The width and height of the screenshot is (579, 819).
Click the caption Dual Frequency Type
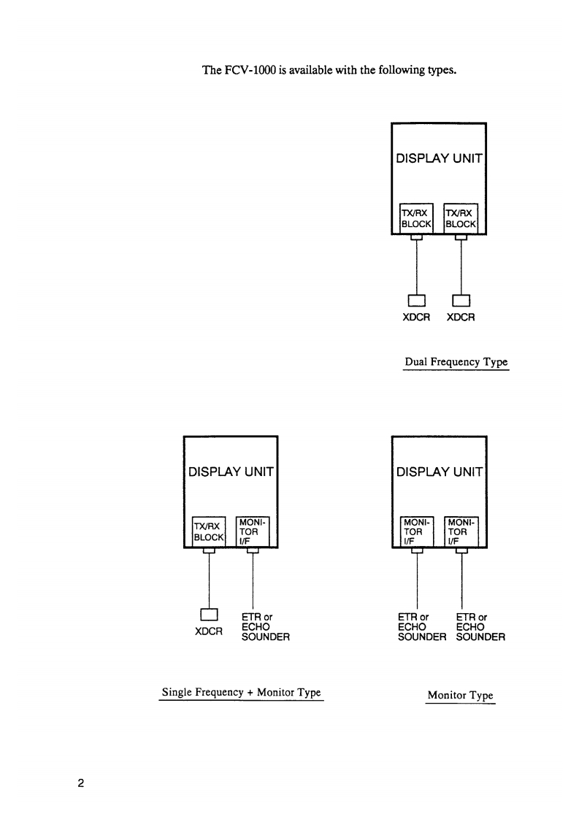point(456,362)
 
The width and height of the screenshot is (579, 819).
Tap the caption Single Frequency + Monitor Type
point(241,692)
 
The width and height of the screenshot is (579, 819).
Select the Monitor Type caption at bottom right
point(460,696)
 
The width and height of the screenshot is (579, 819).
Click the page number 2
point(82,785)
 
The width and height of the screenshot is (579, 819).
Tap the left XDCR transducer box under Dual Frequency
point(416,300)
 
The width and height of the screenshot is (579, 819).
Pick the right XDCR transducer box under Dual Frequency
point(461,300)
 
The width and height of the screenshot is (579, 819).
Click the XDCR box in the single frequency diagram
point(210,614)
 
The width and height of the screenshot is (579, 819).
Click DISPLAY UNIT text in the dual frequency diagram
point(439,158)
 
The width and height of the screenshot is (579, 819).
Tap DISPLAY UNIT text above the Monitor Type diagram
point(439,472)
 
